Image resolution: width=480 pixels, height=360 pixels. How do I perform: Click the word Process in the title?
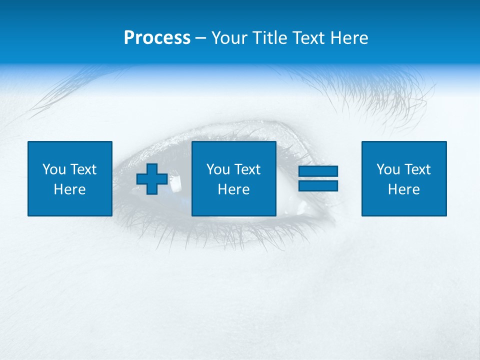click(x=157, y=38)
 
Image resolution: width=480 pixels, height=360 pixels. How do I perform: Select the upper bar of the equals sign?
click(x=318, y=171)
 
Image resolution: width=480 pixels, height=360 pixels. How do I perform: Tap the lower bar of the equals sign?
click(x=318, y=185)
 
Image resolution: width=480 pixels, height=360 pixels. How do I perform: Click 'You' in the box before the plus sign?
click(x=54, y=169)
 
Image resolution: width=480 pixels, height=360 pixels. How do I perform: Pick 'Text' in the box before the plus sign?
click(x=82, y=169)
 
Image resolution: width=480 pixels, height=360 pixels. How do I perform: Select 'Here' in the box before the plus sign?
click(x=69, y=189)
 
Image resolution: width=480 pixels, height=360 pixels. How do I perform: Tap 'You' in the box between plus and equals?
click(x=218, y=169)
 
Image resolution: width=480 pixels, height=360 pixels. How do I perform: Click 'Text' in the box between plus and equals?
click(x=246, y=169)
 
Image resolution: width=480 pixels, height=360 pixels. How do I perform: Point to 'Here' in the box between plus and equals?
click(x=233, y=189)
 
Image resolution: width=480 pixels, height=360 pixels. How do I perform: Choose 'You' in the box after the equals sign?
click(x=388, y=169)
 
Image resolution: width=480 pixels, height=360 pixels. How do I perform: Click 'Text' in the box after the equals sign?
click(x=416, y=169)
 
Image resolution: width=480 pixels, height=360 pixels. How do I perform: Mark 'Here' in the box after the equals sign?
click(x=403, y=189)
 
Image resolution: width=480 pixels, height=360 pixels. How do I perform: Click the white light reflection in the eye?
click(x=176, y=183)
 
